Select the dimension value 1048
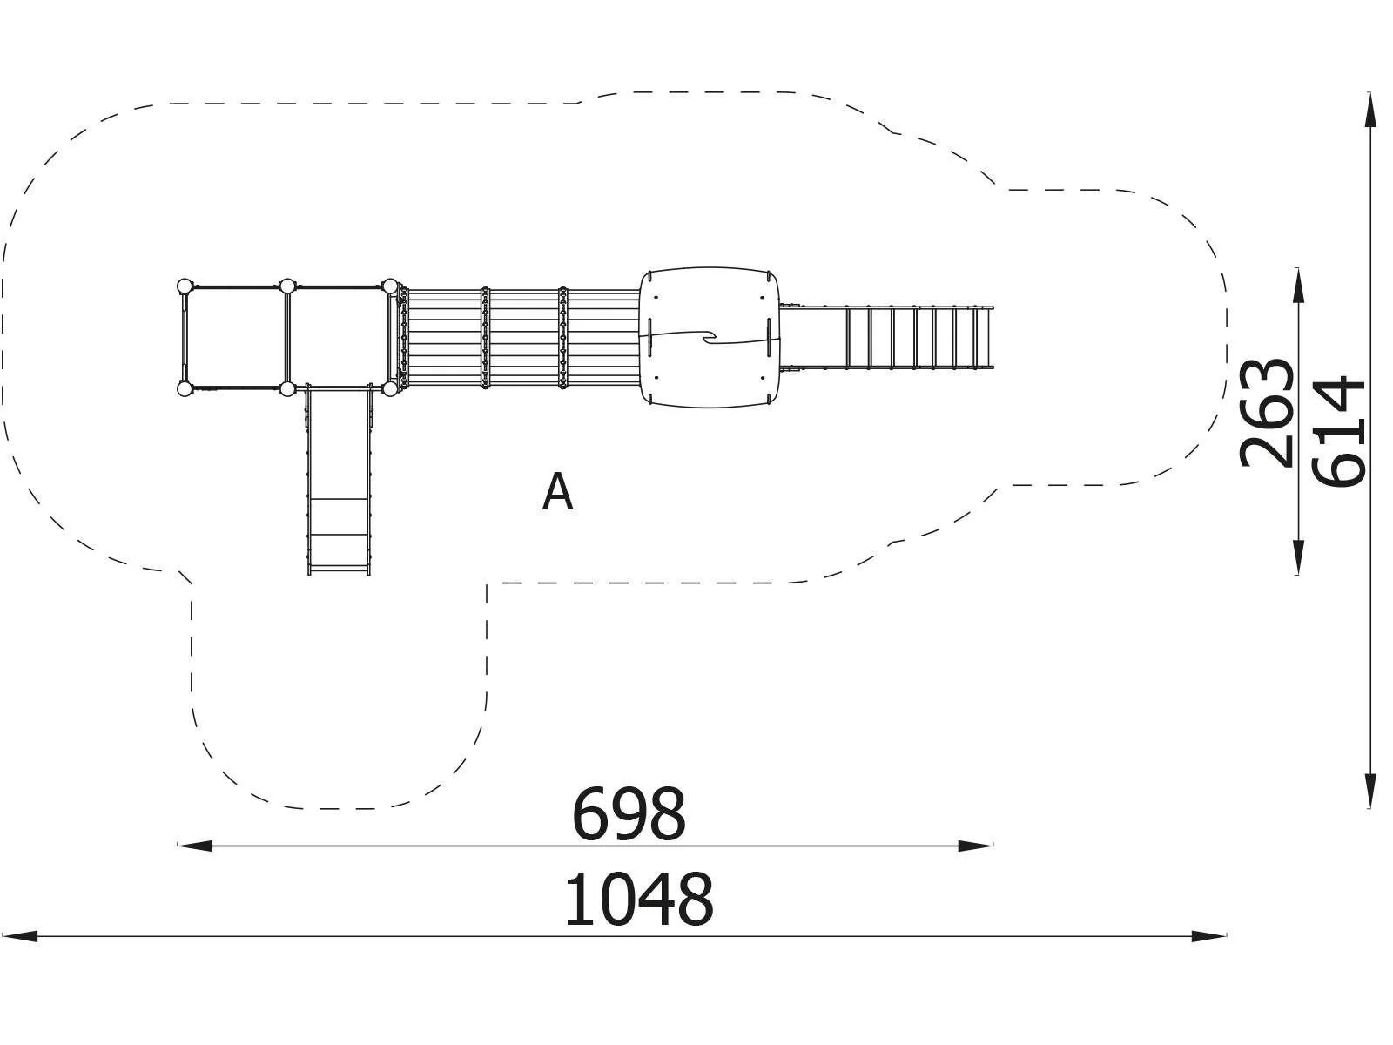click(638, 900)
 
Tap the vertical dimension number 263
click(1267, 413)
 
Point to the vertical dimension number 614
click(1338, 432)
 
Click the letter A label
click(558, 492)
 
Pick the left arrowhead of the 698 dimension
click(195, 845)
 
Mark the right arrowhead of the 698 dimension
click(976, 845)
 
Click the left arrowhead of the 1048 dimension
click(20, 936)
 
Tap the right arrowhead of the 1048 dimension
click(1209, 936)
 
